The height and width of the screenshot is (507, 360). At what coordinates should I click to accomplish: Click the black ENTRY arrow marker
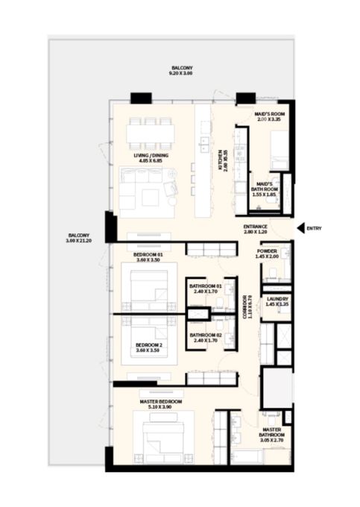[x=300, y=228]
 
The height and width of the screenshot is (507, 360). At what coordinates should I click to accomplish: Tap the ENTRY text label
[x=314, y=228]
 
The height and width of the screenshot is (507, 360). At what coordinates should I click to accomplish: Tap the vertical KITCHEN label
[x=221, y=160]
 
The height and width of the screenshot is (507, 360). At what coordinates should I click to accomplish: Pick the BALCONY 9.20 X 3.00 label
[x=181, y=70]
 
